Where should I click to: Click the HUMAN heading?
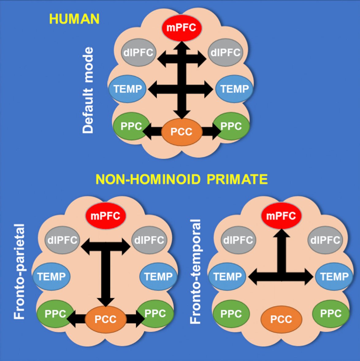click(74, 19)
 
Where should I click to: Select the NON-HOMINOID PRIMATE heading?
click(182, 179)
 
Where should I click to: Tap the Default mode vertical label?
click(88, 90)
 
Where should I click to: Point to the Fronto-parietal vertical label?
click(19, 272)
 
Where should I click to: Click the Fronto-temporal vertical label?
click(195, 272)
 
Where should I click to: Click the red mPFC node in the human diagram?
click(181, 28)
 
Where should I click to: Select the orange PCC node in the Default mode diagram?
click(182, 132)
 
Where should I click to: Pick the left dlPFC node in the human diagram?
click(138, 52)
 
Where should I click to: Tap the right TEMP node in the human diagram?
click(234, 89)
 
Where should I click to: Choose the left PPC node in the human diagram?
click(131, 126)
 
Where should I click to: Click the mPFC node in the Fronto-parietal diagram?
click(105, 216)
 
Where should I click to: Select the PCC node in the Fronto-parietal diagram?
click(105, 319)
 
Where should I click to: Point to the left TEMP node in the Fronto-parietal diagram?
click(51, 276)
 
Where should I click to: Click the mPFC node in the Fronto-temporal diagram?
click(281, 216)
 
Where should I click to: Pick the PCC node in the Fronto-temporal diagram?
click(281, 319)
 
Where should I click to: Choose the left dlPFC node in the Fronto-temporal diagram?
click(238, 240)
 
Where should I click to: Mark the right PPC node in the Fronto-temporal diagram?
click(331, 313)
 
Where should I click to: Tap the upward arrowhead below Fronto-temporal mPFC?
click(281, 234)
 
